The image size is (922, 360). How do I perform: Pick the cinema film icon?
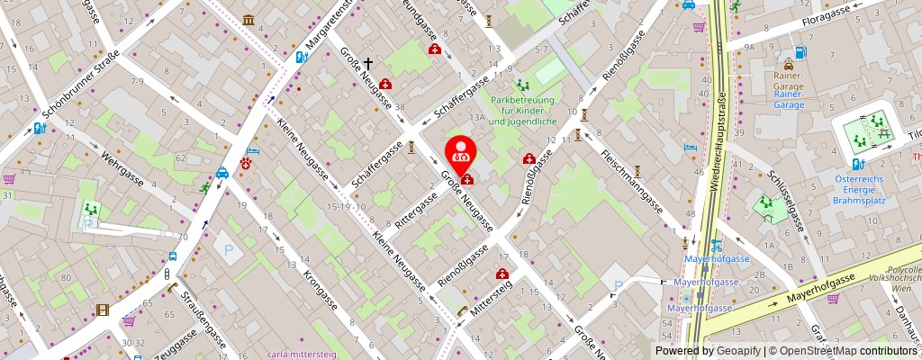click(x=103, y=310)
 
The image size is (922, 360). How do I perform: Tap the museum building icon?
click(x=248, y=20)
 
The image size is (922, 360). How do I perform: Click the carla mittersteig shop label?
click(x=302, y=354)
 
